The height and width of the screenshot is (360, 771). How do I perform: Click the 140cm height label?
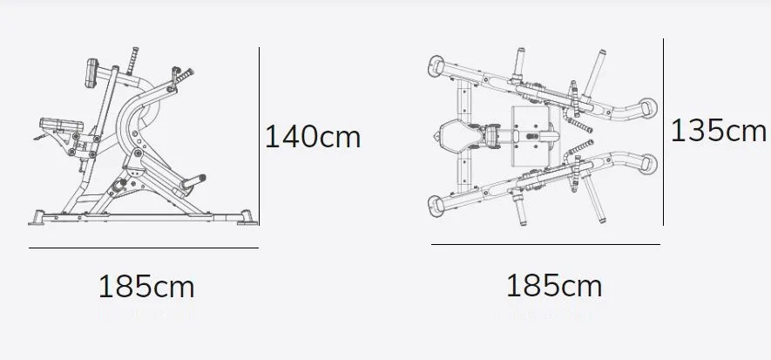click(313, 137)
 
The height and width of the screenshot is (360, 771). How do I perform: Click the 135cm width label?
click(719, 131)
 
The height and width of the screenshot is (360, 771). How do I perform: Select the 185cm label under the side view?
click(146, 287)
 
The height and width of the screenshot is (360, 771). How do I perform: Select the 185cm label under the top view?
click(554, 286)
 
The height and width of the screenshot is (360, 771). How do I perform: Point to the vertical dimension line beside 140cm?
click(259, 136)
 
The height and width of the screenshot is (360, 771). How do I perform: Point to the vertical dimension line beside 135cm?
click(663, 132)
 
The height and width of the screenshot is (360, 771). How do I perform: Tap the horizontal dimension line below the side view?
click(144, 248)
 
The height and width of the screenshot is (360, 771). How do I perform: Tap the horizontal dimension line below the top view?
click(545, 244)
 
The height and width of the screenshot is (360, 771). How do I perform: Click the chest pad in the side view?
click(91, 73)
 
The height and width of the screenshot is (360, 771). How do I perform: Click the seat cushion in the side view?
click(61, 125)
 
